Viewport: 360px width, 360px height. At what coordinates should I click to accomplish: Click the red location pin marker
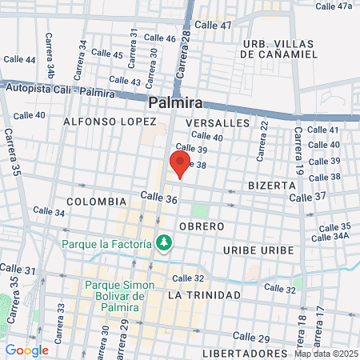[x=179, y=163]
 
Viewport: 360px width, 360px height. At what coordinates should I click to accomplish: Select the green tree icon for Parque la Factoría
[x=164, y=242]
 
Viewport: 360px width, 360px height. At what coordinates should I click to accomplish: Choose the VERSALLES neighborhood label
[x=218, y=123]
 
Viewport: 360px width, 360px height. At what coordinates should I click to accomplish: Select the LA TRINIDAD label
[x=204, y=295]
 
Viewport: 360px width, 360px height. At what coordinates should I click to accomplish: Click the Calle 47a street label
[x=334, y=6]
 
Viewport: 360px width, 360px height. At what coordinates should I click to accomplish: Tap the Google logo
[x=26, y=350]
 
